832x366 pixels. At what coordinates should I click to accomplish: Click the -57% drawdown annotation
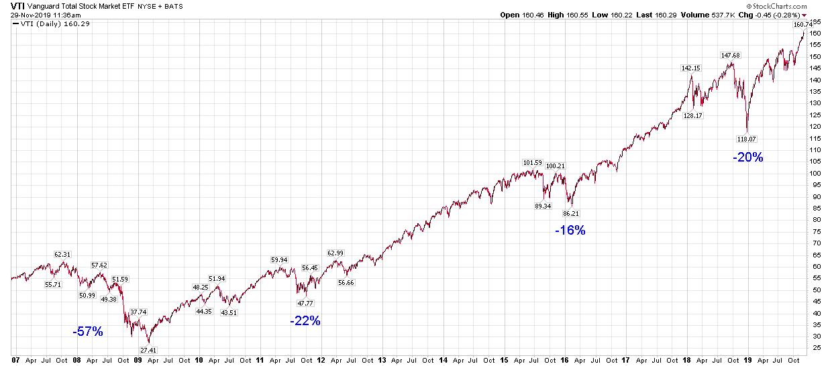(x=88, y=331)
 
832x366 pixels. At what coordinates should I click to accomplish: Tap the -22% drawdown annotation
(x=305, y=321)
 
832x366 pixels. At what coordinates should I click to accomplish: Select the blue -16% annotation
(x=570, y=231)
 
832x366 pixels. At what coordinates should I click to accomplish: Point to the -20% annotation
(x=747, y=158)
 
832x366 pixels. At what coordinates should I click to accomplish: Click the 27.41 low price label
(x=149, y=350)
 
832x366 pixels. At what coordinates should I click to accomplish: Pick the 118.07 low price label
(x=747, y=139)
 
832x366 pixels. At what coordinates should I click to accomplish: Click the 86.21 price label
(x=571, y=213)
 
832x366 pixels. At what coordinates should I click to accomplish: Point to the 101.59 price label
(x=532, y=162)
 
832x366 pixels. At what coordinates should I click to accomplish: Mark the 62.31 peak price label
(x=62, y=255)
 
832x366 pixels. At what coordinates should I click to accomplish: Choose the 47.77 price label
(x=305, y=303)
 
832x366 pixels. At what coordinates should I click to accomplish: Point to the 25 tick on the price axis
(x=814, y=347)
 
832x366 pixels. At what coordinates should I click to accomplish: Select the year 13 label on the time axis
(x=382, y=360)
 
